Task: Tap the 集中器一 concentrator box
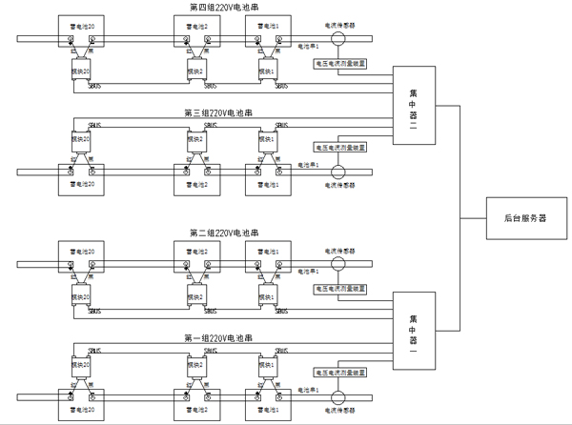(x=412, y=329)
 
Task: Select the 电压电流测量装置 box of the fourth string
(x=339, y=64)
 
